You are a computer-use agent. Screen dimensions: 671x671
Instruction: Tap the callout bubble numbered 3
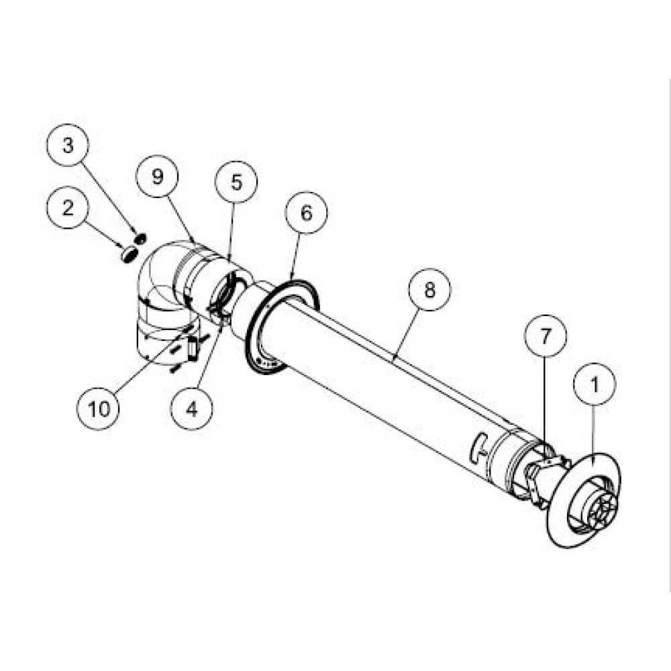(67, 145)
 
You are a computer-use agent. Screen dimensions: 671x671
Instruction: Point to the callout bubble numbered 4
(191, 409)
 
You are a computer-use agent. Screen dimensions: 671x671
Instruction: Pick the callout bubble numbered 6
(306, 212)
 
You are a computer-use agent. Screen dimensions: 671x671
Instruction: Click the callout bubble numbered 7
(545, 336)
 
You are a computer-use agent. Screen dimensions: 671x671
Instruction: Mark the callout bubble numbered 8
(429, 290)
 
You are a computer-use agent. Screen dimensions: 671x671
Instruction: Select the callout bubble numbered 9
(158, 176)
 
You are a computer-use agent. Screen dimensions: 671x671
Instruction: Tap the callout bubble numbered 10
(99, 409)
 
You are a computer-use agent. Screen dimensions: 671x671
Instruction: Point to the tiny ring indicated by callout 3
(140, 238)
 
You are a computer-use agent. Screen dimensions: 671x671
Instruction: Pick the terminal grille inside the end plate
(602, 509)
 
